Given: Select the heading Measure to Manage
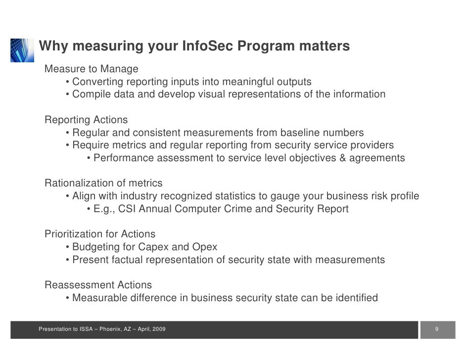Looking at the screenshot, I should pos(92,68).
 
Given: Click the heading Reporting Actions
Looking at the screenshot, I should pos(86,120).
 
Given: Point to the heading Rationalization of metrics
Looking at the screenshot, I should pos(103,183).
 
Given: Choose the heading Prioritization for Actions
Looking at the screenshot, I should pos(100,234).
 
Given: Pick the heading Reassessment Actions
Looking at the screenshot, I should pos(98,285).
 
